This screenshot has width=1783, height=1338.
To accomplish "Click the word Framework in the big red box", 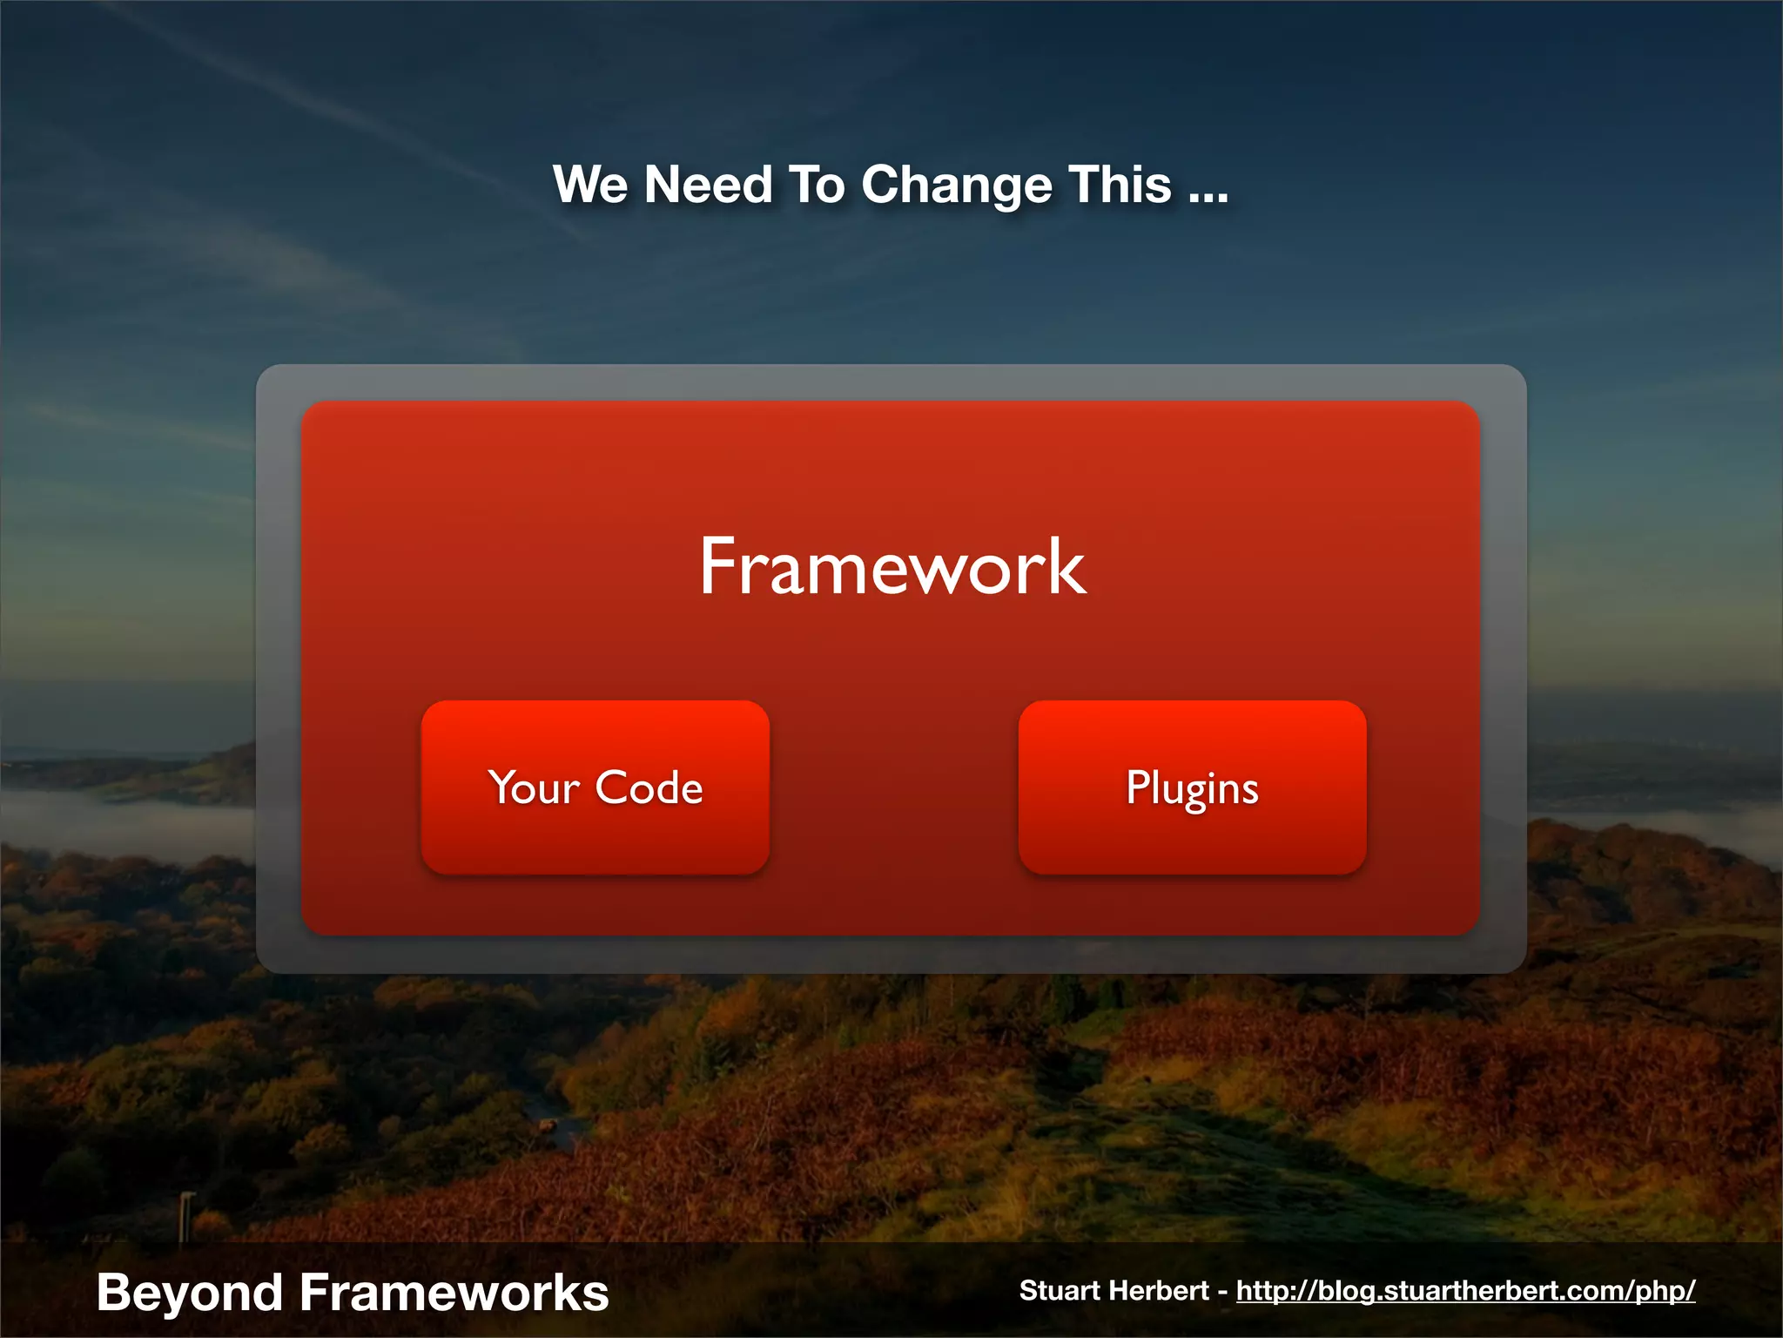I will coord(892,567).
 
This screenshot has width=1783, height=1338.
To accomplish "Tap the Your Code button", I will coord(595,787).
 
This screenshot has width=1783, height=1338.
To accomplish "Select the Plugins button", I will coord(1192,787).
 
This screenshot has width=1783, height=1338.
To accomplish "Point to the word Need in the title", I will coord(708,186).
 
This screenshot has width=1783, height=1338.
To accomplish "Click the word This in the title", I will coord(1120,186).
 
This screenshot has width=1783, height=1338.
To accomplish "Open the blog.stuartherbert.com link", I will coord(1465,1291).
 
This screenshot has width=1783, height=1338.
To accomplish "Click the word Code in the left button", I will coord(649,787).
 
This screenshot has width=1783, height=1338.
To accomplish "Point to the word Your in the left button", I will coord(534,787).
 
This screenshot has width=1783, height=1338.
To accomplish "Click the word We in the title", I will coord(589,186).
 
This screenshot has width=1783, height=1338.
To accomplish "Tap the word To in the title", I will coord(816,186).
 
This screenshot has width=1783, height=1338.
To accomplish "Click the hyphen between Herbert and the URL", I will coord(1222,1292).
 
